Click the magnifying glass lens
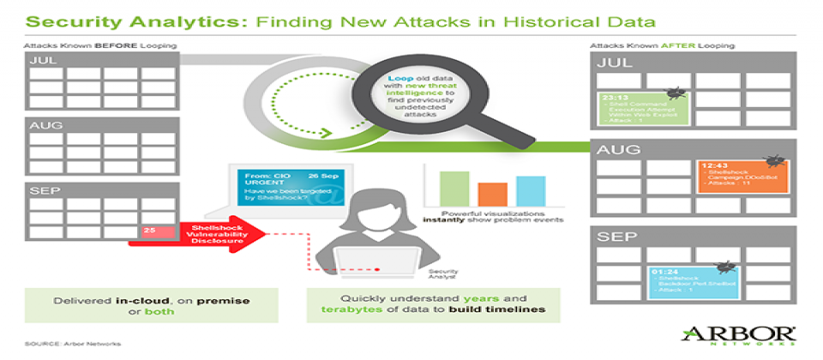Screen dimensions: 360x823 click(418, 96)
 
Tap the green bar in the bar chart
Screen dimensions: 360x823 click(454, 188)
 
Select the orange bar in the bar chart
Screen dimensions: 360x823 click(492, 194)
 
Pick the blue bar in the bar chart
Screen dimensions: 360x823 click(531, 190)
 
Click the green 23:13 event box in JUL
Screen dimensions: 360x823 click(641, 110)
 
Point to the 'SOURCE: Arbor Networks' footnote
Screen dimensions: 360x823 click(73, 343)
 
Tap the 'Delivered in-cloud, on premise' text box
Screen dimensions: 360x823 click(151, 304)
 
